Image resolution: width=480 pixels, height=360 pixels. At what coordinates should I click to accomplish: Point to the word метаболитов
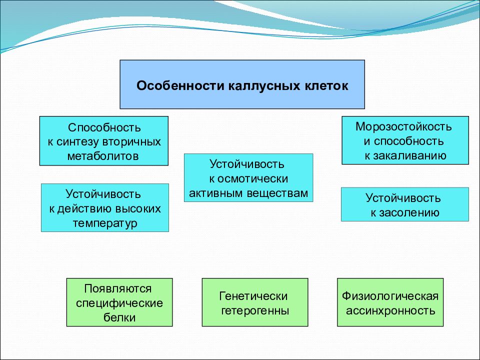click(x=104, y=155)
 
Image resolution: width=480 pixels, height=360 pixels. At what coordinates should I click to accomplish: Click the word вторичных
click(x=135, y=141)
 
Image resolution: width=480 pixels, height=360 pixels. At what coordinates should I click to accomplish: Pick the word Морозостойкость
click(x=405, y=126)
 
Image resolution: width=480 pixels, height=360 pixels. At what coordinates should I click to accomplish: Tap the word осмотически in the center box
click(x=255, y=178)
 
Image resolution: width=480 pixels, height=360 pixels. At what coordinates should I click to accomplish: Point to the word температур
click(x=104, y=222)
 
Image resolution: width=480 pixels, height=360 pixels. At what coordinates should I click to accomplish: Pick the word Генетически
click(x=254, y=296)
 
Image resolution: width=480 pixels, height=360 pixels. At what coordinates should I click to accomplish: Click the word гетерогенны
click(x=255, y=310)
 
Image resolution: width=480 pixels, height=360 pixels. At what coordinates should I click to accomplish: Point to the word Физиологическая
click(x=390, y=296)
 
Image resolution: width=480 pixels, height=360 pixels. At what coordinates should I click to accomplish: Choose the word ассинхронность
click(x=390, y=310)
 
